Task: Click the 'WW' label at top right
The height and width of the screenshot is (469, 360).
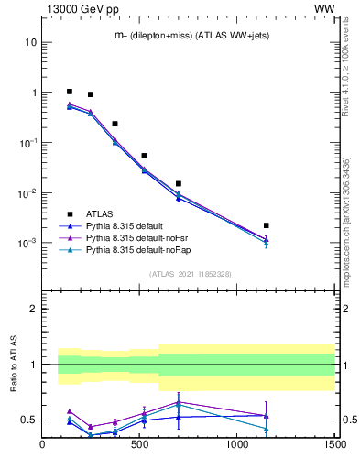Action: (324, 8)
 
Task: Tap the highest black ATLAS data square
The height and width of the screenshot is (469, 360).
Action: (70, 92)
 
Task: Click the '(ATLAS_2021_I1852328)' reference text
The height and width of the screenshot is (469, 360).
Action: (190, 273)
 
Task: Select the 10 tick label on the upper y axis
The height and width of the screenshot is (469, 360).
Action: (31, 42)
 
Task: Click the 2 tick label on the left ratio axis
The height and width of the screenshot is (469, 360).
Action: (33, 309)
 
